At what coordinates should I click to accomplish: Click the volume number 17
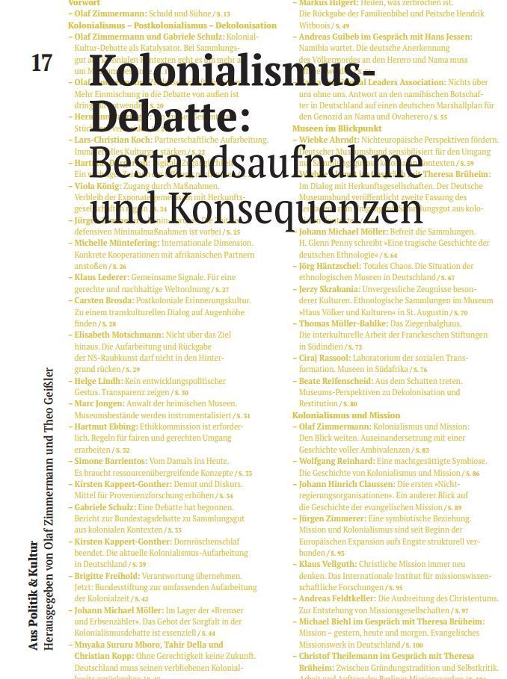pos(42,63)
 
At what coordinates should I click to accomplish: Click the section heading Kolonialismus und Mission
pos(346,415)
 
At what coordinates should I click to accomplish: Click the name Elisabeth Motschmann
pos(119,335)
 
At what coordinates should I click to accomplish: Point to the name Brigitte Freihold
pos(107,576)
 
